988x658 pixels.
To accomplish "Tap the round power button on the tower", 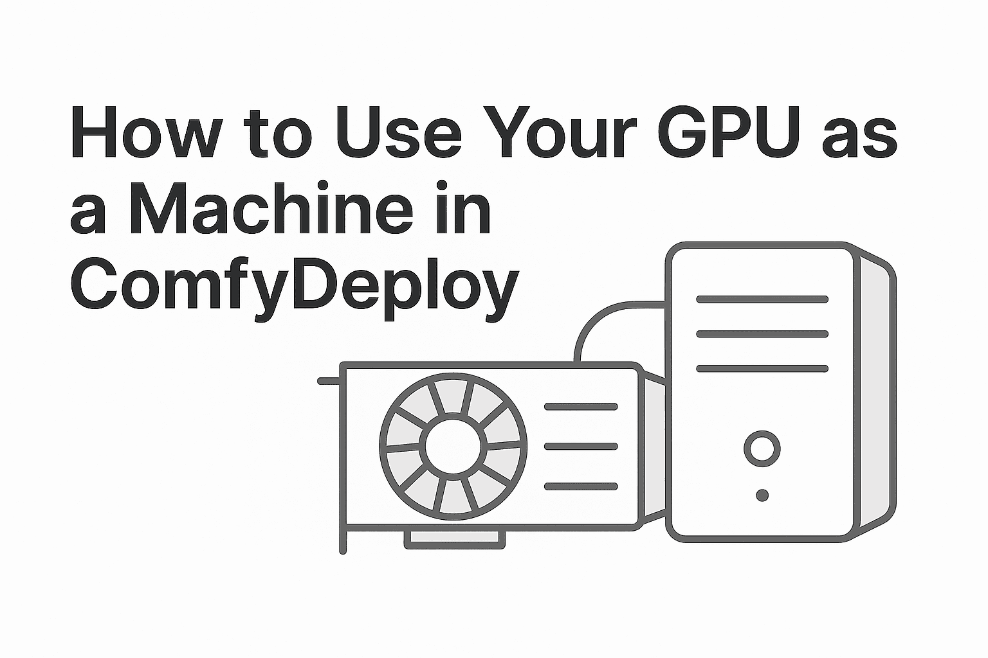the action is point(762,449).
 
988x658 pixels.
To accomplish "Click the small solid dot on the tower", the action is point(762,495).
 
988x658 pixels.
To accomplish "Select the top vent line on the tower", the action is point(762,299).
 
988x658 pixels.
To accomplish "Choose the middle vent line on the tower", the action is point(762,334).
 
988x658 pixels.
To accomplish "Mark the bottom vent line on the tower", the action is point(762,369).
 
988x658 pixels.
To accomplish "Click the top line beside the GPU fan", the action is point(581,407).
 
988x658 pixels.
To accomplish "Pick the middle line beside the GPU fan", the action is point(581,447).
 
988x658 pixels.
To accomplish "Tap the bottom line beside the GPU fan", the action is point(581,486).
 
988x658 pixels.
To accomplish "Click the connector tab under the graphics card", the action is point(455,540).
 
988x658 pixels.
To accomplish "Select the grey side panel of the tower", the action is point(876,398).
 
